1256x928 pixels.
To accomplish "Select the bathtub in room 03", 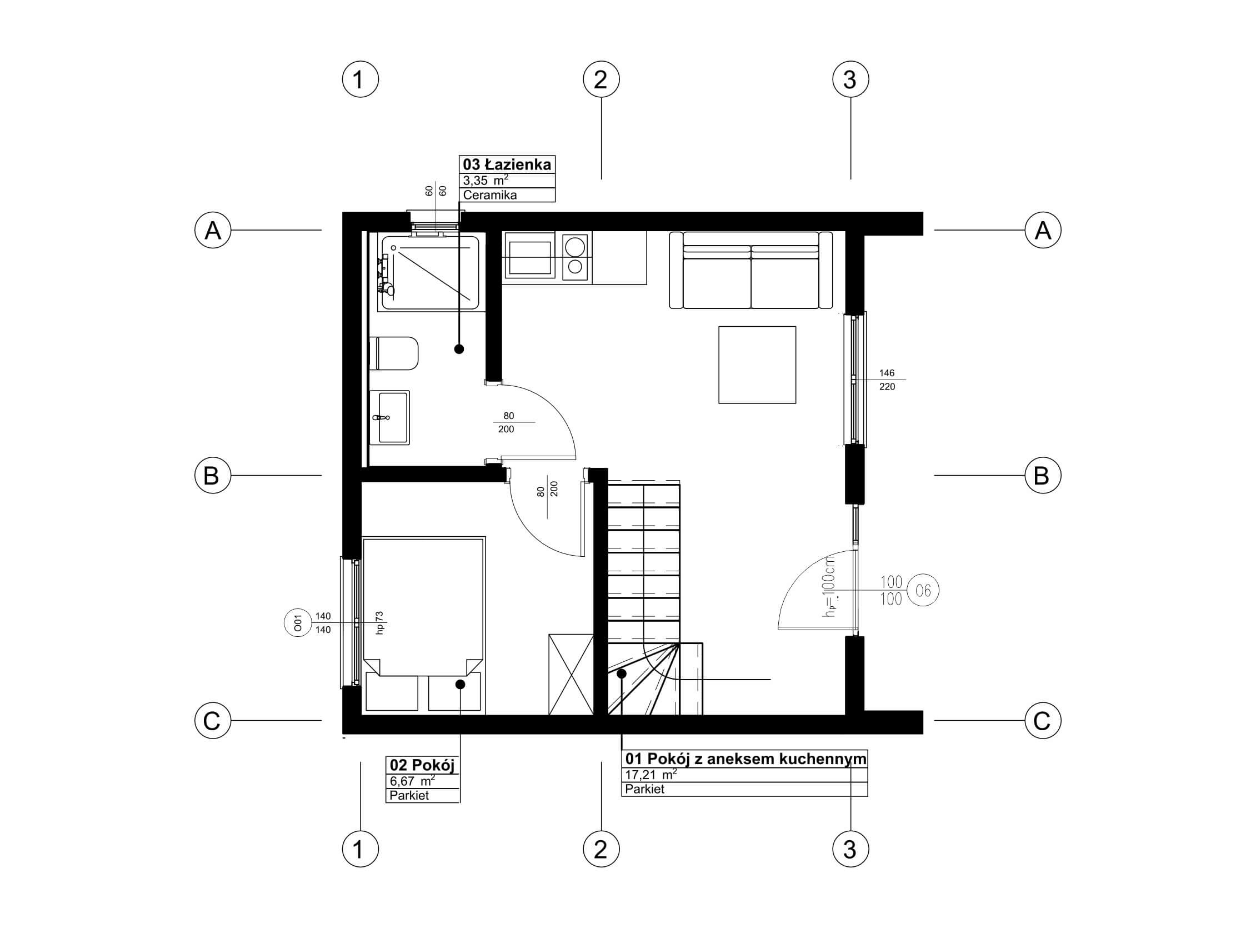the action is (431, 273).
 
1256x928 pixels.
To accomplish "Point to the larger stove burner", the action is (574, 246).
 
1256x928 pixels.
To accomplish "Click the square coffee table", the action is (757, 365).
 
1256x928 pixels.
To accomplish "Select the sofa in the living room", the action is (750, 270).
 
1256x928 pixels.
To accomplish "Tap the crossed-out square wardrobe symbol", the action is (571, 674).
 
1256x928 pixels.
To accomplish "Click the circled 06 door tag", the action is (923, 590).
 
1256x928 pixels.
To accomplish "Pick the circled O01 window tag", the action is (298, 622).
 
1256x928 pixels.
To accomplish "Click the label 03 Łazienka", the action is (507, 164).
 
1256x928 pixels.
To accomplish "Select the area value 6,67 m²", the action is (413, 781).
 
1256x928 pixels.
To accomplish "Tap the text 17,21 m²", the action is (650, 775).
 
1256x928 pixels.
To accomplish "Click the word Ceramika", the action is (489, 195).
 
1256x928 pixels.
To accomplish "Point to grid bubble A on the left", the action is (212, 229).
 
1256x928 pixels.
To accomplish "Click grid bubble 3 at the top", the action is (850, 79).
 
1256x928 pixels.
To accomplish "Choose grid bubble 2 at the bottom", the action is (601, 849).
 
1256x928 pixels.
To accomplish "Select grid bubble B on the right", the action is (1042, 475).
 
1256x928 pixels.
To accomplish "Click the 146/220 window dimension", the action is (887, 380).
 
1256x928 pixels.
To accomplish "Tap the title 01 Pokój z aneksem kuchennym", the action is (745, 759).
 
